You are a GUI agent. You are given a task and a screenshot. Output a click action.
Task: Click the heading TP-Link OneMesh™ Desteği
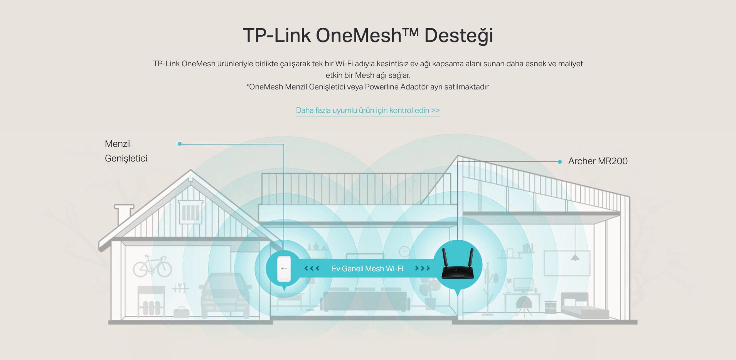(x=368, y=35)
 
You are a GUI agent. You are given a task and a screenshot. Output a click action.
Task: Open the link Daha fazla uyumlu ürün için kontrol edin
(x=368, y=110)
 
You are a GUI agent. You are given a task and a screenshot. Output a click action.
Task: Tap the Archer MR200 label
(x=598, y=161)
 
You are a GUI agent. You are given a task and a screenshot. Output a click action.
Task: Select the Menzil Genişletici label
(x=126, y=151)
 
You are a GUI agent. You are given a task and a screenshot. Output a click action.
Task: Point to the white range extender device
(x=284, y=268)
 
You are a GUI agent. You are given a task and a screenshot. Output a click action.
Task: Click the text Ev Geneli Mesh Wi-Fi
(x=367, y=269)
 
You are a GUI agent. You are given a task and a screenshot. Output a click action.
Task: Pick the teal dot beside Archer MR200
(x=560, y=162)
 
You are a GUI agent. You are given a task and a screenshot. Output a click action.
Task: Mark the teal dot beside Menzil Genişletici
(x=180, y=144)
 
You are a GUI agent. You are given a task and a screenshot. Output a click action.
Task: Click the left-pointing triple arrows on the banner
(x=312, y=268)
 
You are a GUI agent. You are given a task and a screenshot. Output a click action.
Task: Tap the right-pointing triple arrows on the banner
(x=423, y=268)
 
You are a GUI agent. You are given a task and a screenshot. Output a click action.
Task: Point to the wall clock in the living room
(x=404, y=252)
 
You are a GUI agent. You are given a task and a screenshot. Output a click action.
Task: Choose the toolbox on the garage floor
(x=181, y=312)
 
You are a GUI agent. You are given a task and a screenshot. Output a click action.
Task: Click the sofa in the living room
(x=364, y=301)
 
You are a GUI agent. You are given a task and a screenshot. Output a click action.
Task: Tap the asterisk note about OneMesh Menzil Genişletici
(x=368, y=87)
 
